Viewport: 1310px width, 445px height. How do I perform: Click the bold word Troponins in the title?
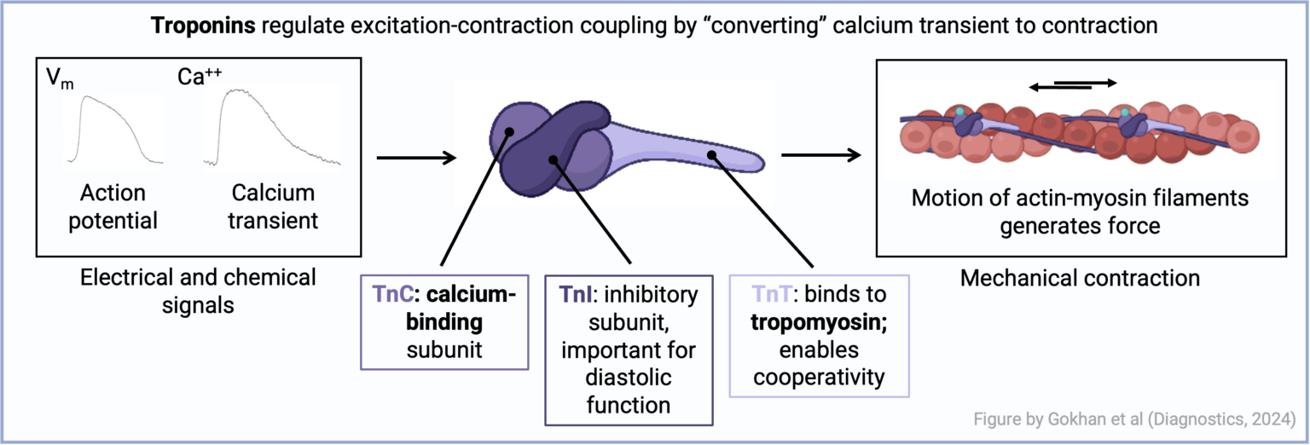pyautogui.click(x=204, y=26)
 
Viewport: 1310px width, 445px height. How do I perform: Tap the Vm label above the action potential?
pyautogui.click(x=59, y=78)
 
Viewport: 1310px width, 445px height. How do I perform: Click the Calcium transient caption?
pyautogui.click(x=273, y=206)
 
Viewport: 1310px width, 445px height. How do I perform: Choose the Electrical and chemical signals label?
pyautogui.click(x=198, y=290)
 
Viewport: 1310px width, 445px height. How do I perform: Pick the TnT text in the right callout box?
pyautogui.click(x=768, y=295)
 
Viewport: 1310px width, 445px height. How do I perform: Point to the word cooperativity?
pyautogui.click(x=820, y=377)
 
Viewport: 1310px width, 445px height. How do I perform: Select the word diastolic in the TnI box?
pyautogui.click(x=629, y=377)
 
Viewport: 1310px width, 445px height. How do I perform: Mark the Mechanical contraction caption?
pyautogui.click(x=1080, y=278)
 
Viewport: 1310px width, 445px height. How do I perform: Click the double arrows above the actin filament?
pyautogui.click(x=1072, y=84)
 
